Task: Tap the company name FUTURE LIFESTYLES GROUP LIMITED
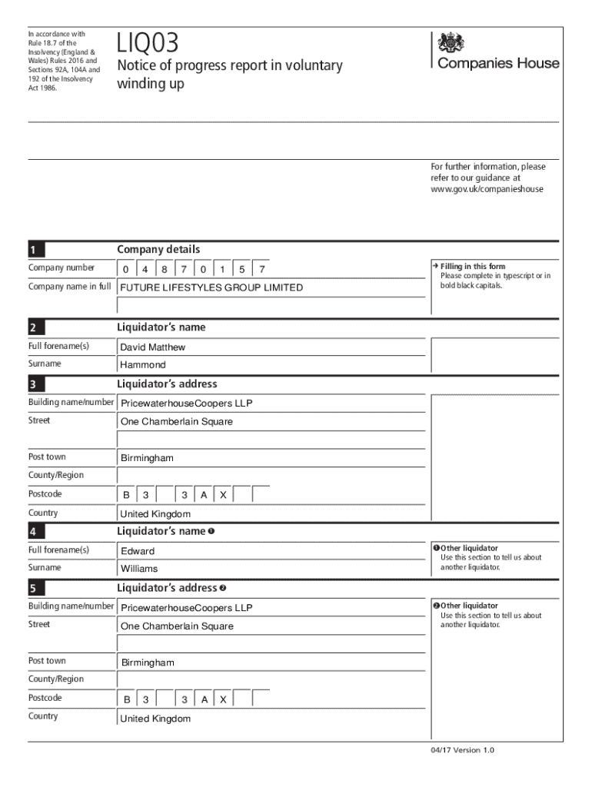click(211, 288)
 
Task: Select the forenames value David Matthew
click(153, 347)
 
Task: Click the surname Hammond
click(143, 365)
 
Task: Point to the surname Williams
click(139, 569)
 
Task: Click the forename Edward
click(138, 551)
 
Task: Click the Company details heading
click(158, 250)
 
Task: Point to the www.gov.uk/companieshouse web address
click(487, 189)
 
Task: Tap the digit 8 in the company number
click(164, 270)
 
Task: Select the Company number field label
click(62, 268)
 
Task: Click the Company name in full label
click(70, 287)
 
